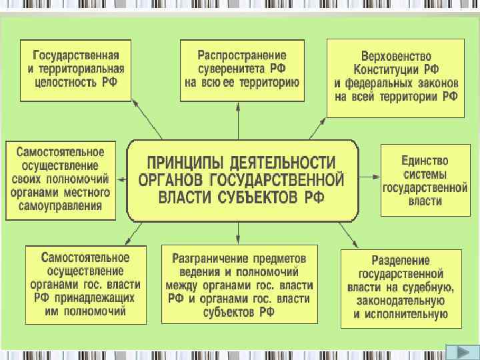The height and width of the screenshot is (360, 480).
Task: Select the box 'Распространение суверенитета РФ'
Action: (x=242, y=69)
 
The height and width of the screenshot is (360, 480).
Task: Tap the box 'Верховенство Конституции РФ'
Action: (x=395, y=77)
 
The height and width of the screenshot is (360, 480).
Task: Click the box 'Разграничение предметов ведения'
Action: (x=238, y=284)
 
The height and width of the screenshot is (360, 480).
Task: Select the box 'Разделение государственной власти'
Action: (x=401, y=287)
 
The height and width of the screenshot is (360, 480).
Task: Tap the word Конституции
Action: (x=396, y=69)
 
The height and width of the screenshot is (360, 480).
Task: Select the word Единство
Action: (x=425, y=161)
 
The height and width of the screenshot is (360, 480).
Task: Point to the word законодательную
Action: (x=401, y=301)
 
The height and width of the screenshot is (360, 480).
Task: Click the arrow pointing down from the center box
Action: (x=239, y=233)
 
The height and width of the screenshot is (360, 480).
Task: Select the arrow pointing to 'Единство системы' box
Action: (x=371, y=179)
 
